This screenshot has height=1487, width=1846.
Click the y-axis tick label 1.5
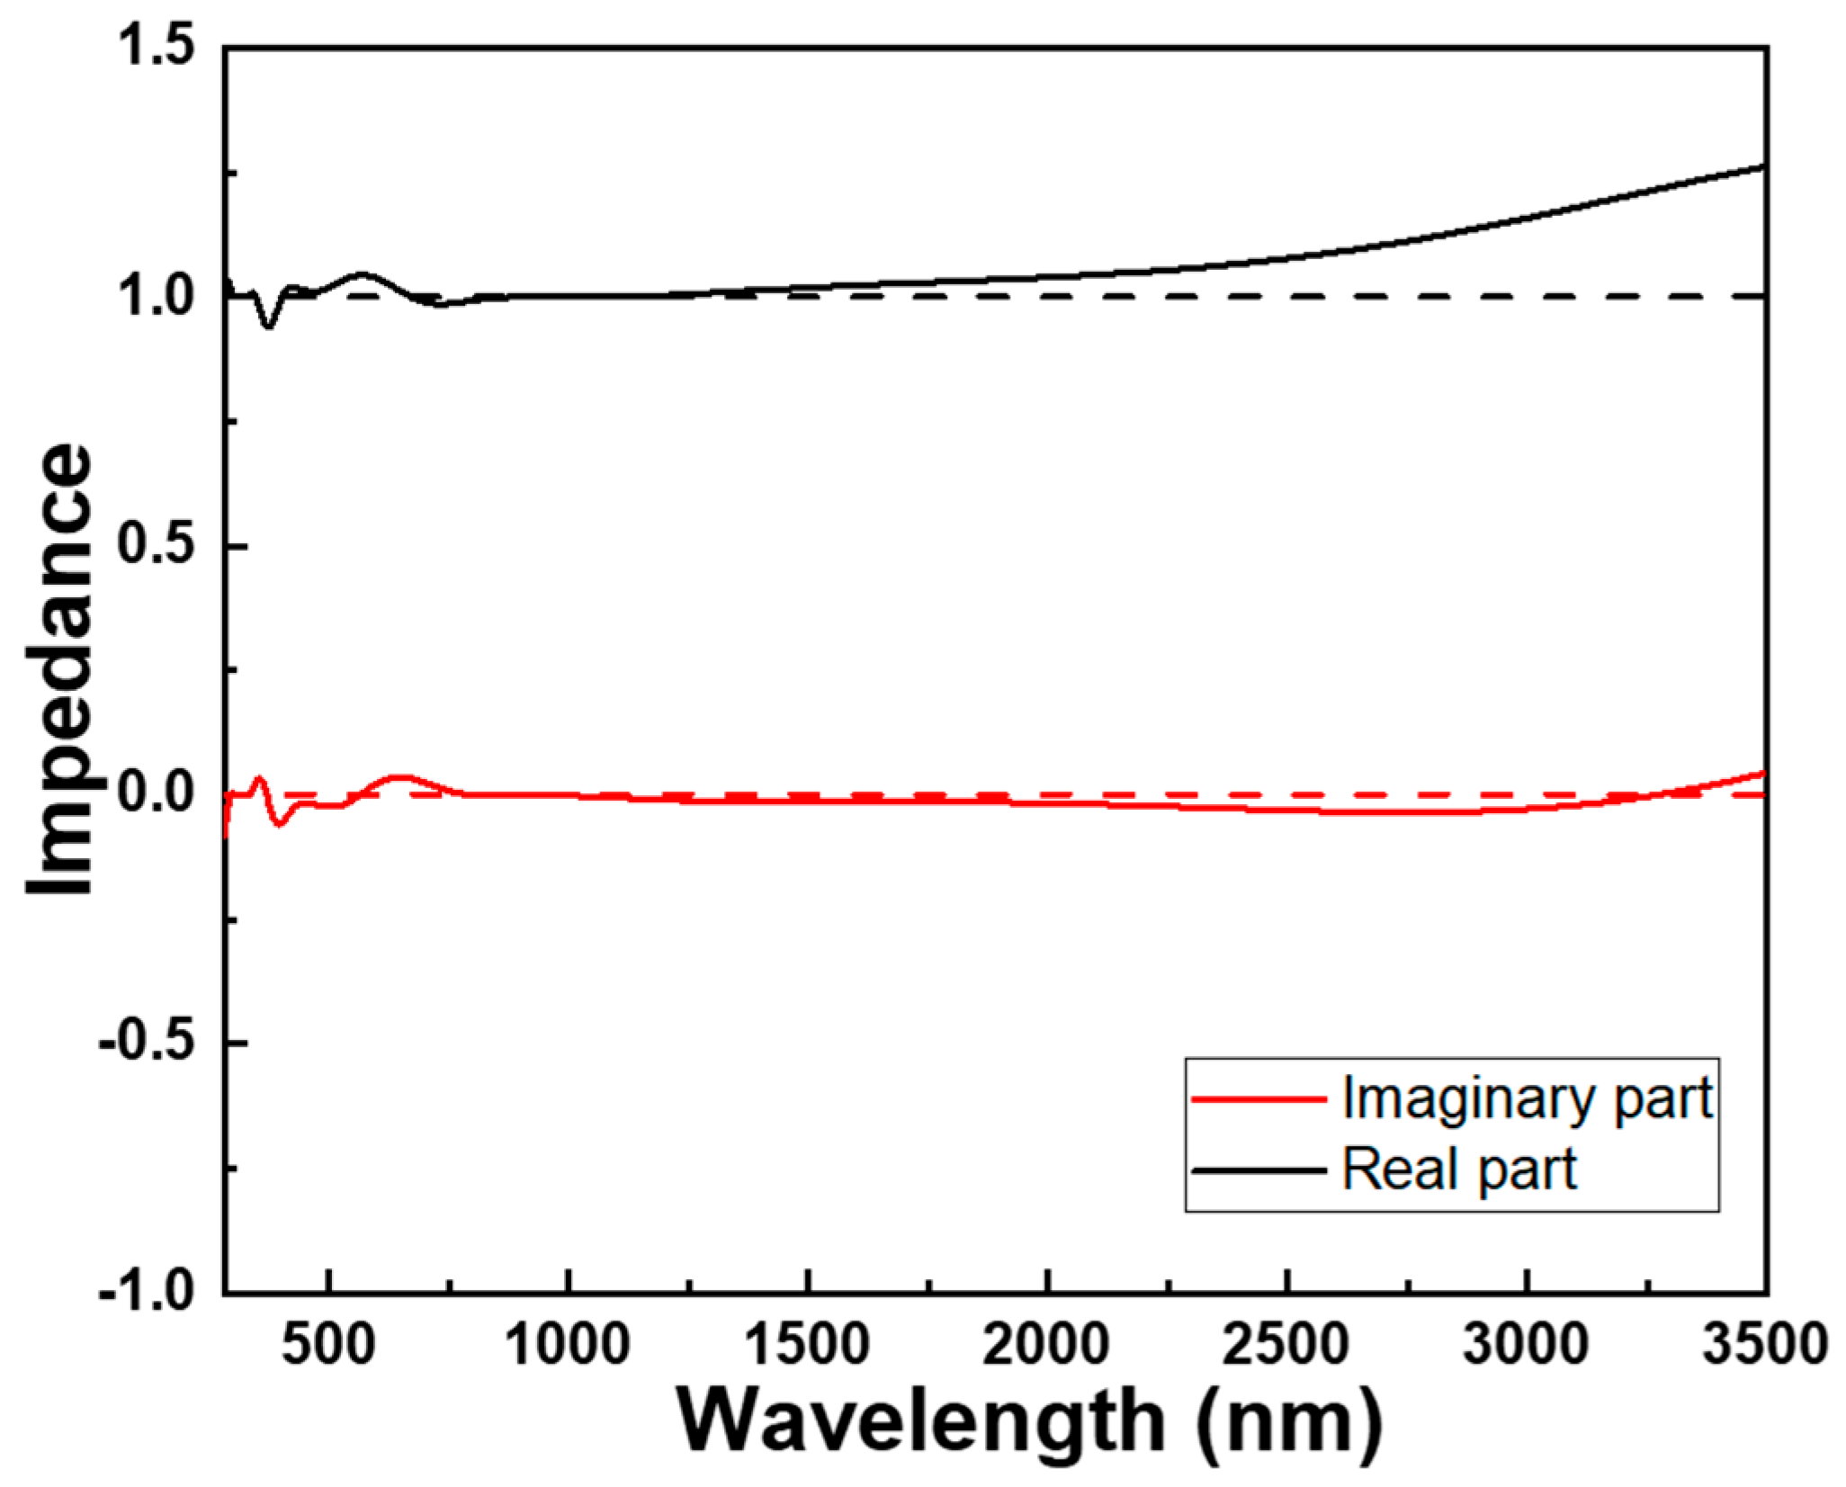click(157, 47)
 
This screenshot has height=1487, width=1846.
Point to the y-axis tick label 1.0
click(157, 296)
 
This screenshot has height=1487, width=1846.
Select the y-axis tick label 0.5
click(157, 545)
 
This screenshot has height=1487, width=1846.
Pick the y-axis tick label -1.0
click(148, 1293)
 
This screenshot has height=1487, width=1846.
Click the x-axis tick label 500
click(328, 1345)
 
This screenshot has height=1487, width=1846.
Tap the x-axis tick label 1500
click(808, 1345)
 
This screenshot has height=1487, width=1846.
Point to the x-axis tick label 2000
click(1047, 1345)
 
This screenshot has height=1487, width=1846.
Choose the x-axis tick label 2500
click(1286, 1345)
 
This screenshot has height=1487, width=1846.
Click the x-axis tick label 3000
click(1526, 1345)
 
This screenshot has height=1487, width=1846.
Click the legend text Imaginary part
click(1527, 1098)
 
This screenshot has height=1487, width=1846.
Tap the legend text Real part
click(1459, 1169)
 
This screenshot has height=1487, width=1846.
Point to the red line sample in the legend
click(1259, 1099)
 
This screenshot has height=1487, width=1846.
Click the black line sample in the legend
click(1259, 1170)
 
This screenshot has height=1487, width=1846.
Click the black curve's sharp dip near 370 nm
click(268, 326)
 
